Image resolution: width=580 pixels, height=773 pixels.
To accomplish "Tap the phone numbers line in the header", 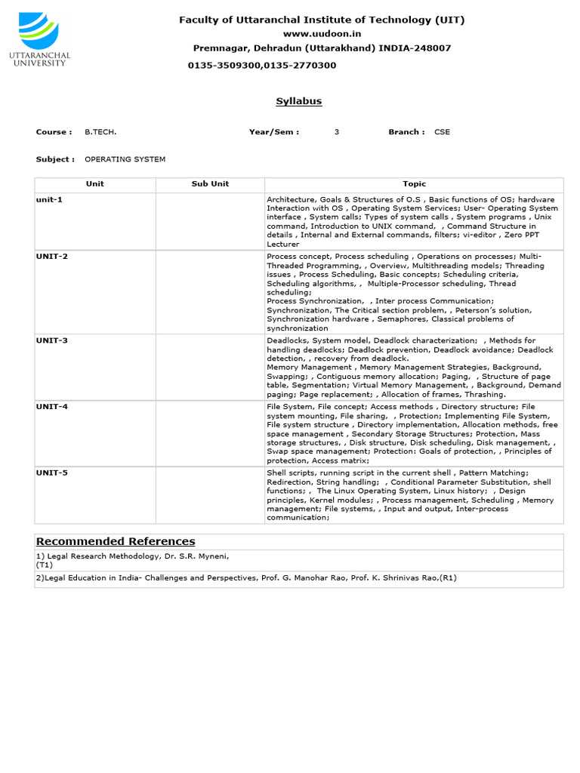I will (x=262, y=66).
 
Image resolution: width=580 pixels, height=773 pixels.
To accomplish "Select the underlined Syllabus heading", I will (x=298, y=101).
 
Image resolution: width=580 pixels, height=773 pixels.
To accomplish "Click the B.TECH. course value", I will (x=100, y=132).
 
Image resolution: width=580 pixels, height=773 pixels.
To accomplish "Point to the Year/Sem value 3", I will (x=337, y=132).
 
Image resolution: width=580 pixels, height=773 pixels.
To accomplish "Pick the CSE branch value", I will (x=442, y=132).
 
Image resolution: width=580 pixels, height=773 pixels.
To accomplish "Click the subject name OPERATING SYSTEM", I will (x=125, y=159).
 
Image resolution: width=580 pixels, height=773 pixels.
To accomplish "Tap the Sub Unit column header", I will (x=210, y=184).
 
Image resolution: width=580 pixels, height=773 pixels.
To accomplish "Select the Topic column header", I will (x=414, y=184).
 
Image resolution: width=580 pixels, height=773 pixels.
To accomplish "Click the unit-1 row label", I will (x=49, y=199).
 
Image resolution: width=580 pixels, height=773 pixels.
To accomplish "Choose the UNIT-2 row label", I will (x=52, y=257).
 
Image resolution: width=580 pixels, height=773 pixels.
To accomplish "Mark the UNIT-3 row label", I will (x=52, y=340).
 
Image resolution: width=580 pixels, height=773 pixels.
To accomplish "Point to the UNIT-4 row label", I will (x=52, y=407).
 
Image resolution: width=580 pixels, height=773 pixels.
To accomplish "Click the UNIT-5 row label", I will (x=52, y=473).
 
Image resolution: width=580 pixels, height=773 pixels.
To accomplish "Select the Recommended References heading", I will (x=116, y=541).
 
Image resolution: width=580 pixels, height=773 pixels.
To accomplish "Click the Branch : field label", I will (x=406, y=132).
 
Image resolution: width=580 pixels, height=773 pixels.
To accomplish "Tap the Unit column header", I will (x=94, y=184).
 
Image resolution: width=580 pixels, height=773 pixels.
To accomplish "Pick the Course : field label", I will (x=54, y=132).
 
